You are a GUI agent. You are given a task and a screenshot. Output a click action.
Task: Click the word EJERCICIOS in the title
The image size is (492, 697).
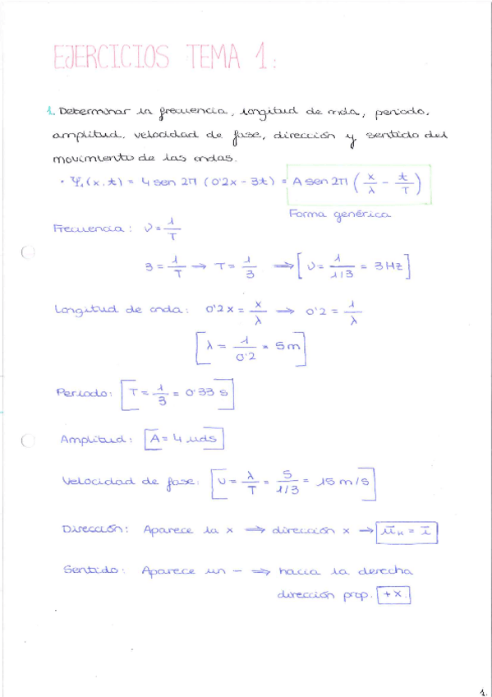pos(111,58)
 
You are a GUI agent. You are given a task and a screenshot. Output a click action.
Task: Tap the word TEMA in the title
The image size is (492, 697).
pos(215,57)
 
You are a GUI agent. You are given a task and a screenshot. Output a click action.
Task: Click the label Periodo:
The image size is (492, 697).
pos(83,393)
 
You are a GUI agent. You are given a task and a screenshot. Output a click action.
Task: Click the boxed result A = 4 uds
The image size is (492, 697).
pos(183,440)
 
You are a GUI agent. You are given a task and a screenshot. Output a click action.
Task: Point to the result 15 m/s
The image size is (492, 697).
pos(339,483)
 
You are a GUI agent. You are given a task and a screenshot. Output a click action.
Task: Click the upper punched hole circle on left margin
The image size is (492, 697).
pos(28,253)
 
